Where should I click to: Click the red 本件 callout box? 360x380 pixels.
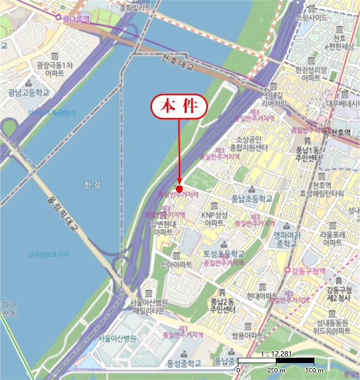point(179,106)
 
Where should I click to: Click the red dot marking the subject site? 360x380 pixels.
point(179,188)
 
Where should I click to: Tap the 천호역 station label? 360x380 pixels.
point(344,132)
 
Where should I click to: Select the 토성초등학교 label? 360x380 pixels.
point(224,254)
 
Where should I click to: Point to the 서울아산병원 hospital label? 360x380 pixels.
point(117,338)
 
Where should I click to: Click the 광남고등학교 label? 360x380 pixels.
point(28,93)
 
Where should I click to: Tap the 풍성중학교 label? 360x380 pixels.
point(184,363)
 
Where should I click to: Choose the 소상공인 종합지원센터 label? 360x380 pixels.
point(249,143)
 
